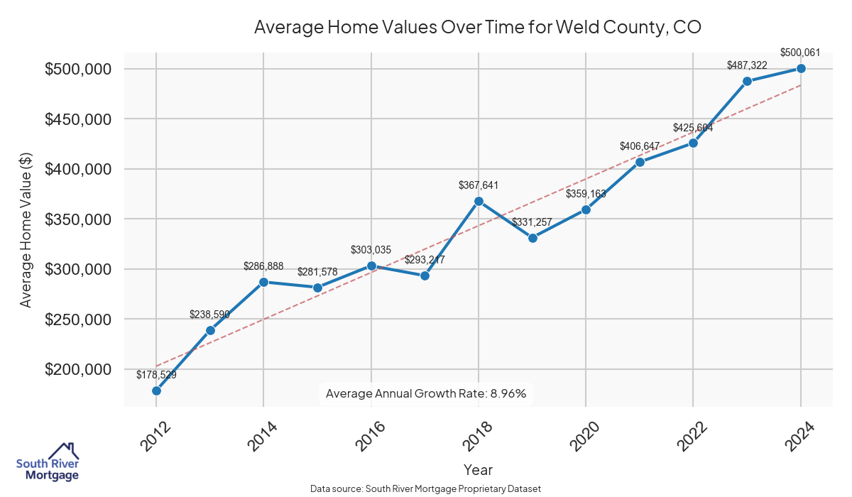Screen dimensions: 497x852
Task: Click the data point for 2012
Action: pos(156,390)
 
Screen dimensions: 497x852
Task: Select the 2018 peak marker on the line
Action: pos(479,201)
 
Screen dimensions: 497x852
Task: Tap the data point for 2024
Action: pos(801,68)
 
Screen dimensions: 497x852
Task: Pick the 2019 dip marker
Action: pos(532,238)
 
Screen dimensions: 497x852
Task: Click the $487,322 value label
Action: pos(747,65)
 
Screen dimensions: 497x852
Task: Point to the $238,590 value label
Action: pos(210,314)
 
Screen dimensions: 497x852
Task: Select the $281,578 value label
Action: pos(317,271)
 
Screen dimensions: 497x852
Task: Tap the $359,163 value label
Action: pos(586,193)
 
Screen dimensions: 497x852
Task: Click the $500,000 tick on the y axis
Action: pos(79,69)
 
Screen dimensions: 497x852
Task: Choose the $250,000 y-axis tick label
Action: pos(79,319)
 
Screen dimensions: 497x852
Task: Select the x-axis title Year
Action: pos(478,469)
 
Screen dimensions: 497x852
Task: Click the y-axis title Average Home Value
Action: pos(26,229)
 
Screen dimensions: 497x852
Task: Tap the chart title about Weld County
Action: pos(478,28)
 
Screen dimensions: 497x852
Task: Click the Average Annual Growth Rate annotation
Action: pos(426,393)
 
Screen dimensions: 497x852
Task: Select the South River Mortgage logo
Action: pos(48,461)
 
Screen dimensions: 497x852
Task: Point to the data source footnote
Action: pos(426,488)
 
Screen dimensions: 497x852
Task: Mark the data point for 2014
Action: pos(263,282)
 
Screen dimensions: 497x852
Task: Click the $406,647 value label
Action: pos(640,146)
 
